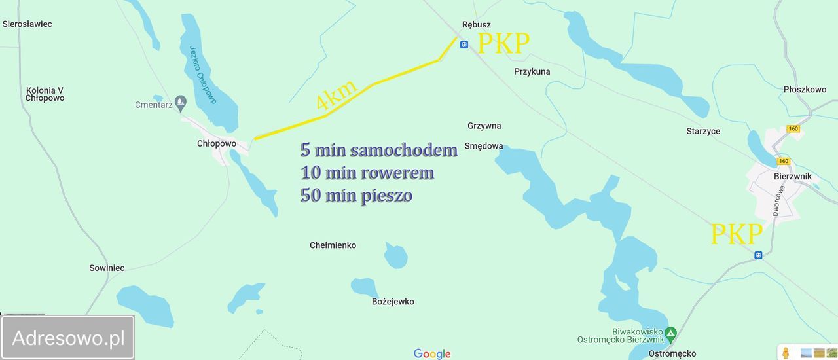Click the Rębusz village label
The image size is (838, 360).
coord(476,25)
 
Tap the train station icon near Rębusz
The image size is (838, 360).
coord(464,45)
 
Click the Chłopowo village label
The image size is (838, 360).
coord(217,143)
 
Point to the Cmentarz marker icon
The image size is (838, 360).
coord(181,102)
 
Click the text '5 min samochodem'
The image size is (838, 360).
coord(378,150)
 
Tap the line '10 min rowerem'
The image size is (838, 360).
coord(367,173)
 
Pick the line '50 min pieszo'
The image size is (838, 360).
coord(356,195)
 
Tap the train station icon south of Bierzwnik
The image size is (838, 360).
coord(758,255)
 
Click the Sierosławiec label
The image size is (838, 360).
coord(27,24)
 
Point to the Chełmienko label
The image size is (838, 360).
coord(333,245)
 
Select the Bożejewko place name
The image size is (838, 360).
coord(393,302)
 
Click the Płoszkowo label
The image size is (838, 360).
coord(805,90)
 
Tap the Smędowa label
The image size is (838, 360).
coord(484,146)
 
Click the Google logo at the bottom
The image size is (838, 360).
coord(432,354)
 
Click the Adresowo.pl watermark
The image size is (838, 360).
coord(68,338)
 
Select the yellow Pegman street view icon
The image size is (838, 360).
coord(786,353)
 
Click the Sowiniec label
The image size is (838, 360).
coord(107,268)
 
